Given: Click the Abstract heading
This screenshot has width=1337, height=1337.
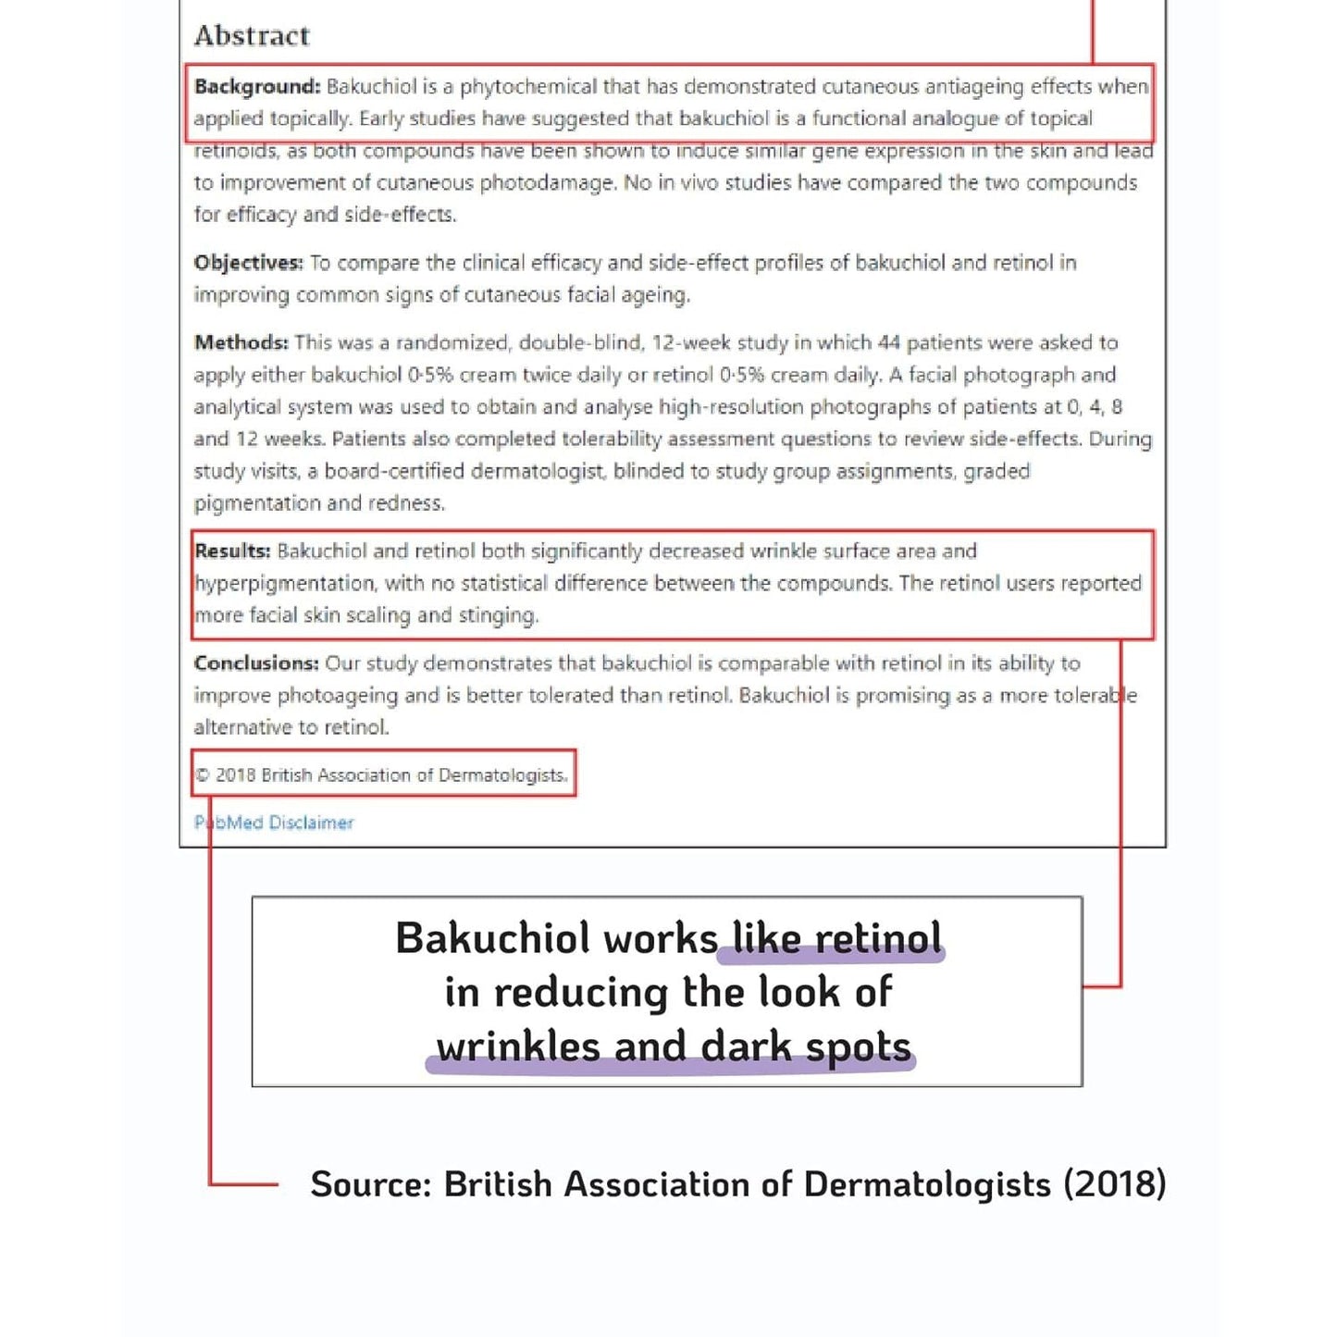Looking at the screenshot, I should tap(252, 35).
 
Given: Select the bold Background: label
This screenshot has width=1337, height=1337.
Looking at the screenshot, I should tap(257, 86).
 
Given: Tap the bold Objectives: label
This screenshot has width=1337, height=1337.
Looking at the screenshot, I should tap(248, 263).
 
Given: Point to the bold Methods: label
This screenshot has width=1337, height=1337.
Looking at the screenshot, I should tap(241, 342).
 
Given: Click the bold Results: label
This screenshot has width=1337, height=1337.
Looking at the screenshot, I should tap(232, 551).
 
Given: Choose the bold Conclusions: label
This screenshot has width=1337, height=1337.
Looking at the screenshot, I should tap(256, 662).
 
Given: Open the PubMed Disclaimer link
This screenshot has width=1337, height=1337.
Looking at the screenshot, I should tap(274, 823).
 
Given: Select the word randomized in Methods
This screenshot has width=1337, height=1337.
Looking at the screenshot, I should tap(452, 342).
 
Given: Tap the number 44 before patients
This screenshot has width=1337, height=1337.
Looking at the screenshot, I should tap(888, 342).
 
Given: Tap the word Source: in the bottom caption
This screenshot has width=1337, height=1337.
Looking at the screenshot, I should tap(371, 1184).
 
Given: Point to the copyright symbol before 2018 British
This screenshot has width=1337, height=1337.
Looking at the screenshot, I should tap(204, 775).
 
